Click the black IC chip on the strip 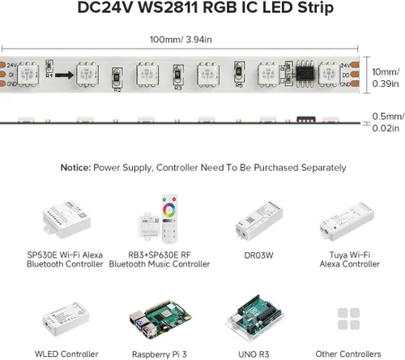[x=305, y=71]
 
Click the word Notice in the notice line [x=76, y=168]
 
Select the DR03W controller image [x=258, y=221]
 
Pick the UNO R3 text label [x=258, y=354]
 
